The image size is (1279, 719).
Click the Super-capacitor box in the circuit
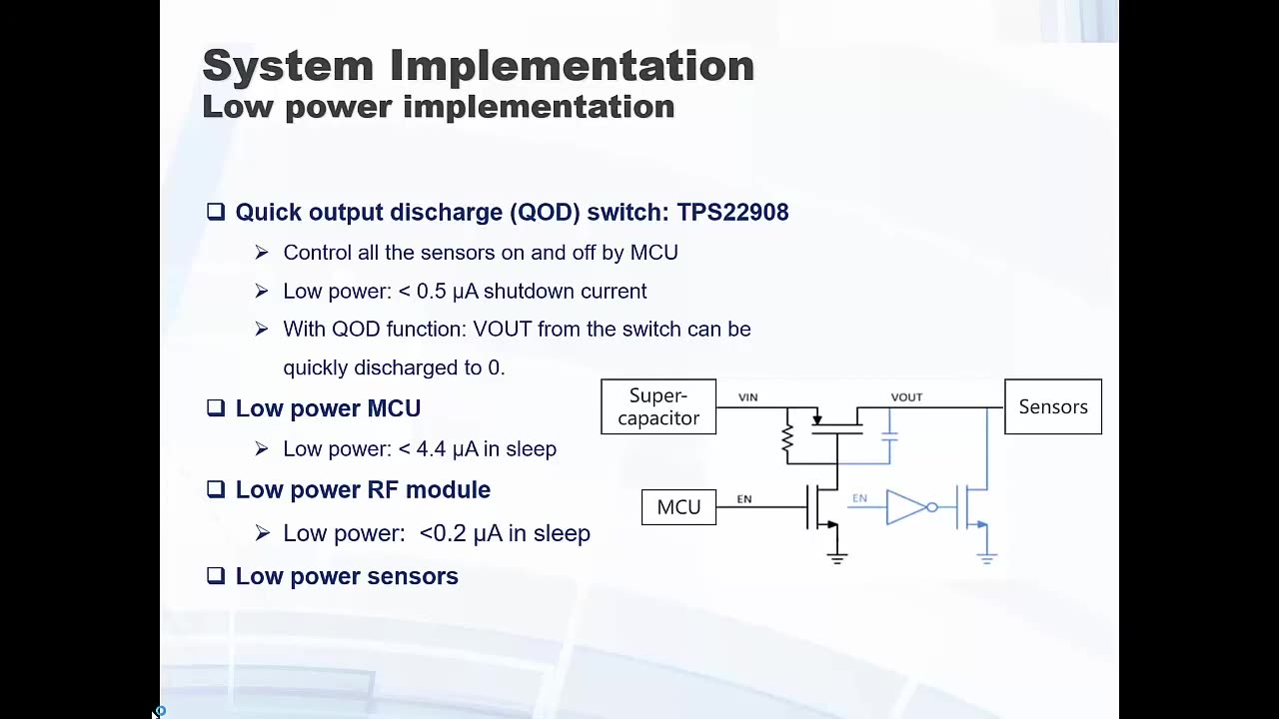coord(658,406)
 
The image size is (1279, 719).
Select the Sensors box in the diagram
coord(1052,406)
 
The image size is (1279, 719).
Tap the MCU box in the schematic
coord(678,507)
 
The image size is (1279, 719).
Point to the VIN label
coord(747,397)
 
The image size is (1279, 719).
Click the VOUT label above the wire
coord(906,397)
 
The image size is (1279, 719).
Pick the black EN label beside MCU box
coord(744,499)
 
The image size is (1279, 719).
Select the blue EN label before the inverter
coord(859,498)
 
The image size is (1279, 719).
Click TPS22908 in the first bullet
coord(732,212)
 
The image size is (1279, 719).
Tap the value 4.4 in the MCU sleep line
coord(431,449)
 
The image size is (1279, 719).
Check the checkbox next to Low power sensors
coord(216,575)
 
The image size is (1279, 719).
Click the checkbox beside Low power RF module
coord(216,489)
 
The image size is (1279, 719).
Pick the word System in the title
coord(288,66)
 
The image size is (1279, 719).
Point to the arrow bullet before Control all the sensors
coord(262,253)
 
